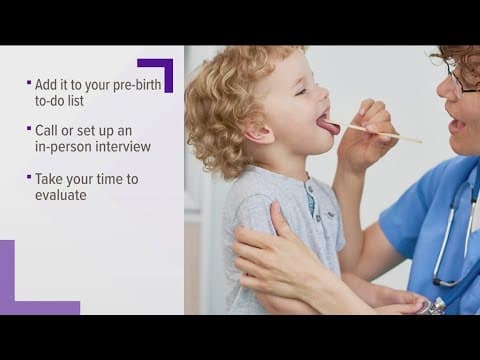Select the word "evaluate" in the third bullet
[61, 195]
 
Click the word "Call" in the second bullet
[48, 131]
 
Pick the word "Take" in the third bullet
[51, 179]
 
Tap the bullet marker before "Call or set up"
[29, 130]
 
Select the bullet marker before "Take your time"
[29, 178]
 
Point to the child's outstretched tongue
[328, 126]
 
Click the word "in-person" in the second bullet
[62, 147]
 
